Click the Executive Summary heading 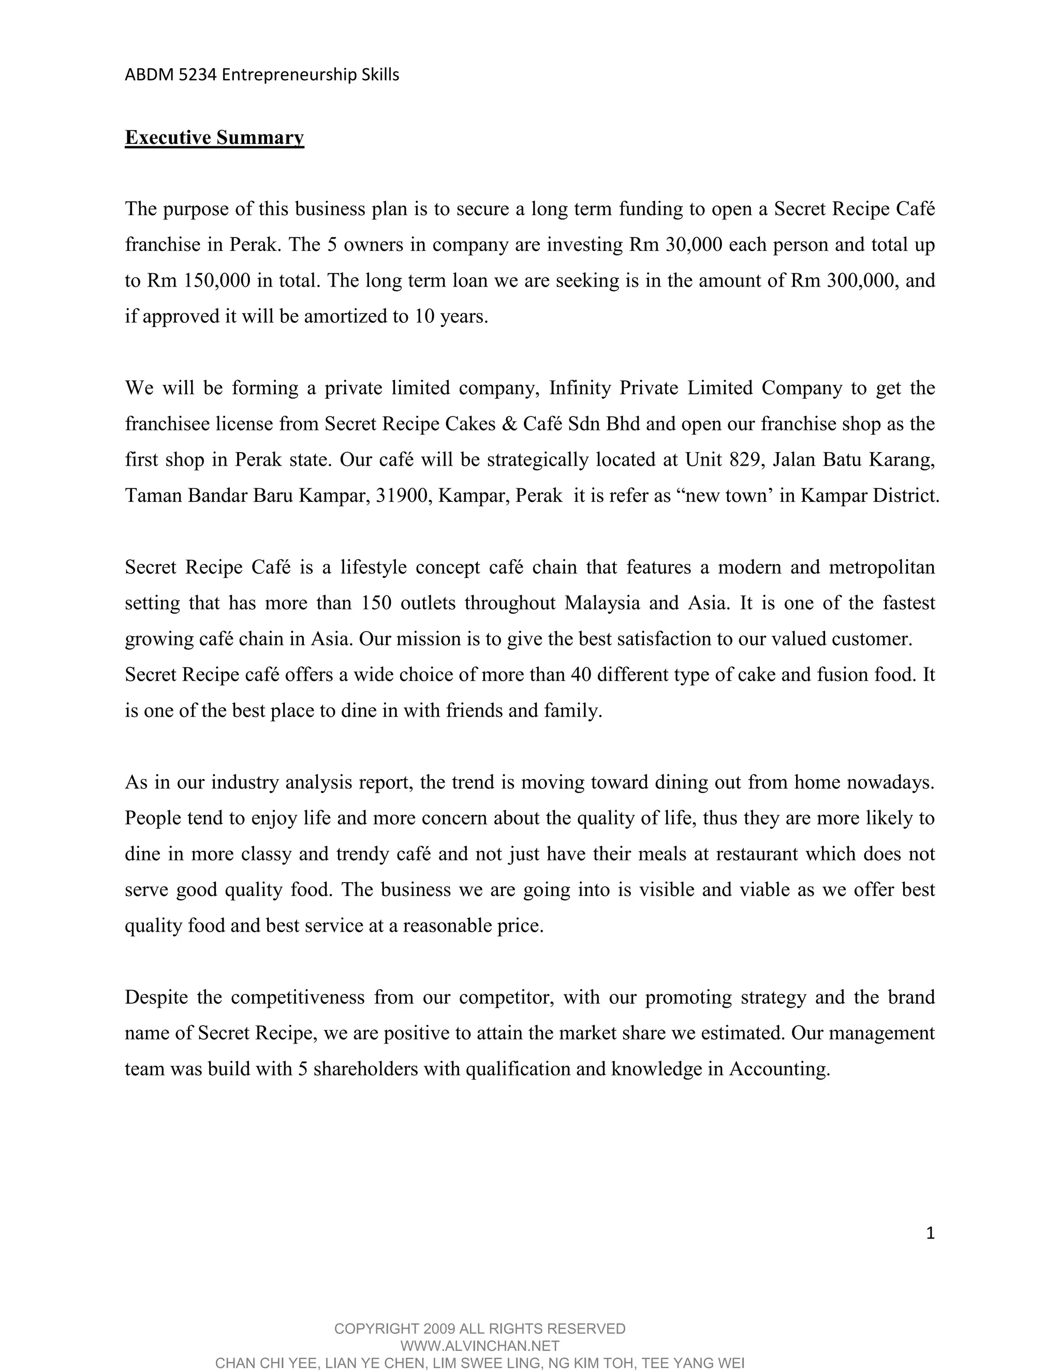[214, 138]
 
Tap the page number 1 [930, 1233]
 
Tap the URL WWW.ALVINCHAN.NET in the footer [480, 1345]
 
